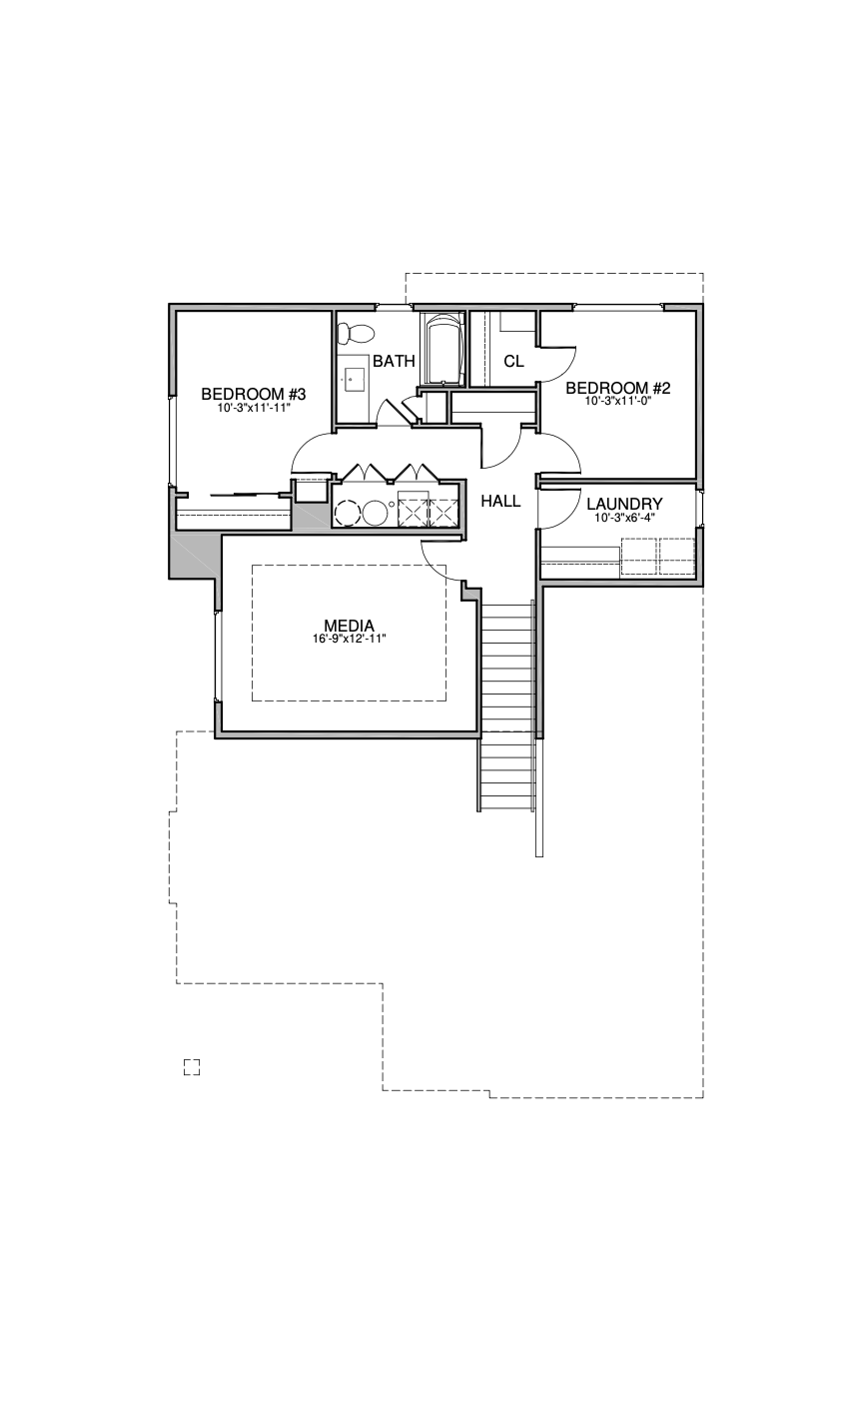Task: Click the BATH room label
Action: pyautogui.click(x=394, y=361)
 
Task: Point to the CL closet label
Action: pyautogui.click(x=513, y=361)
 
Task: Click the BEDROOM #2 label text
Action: pyautogui.click(x=617, y=388)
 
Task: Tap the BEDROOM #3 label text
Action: pyautogui.click(x=254, y=394)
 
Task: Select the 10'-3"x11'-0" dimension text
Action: pyautogui.click(x=618, y=401)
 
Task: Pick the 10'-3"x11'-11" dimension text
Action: pyautogui.click(x=254, y=408)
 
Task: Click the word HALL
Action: pyautogui.click(x=500, y=501)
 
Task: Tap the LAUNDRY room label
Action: pyautogui.click(x=624, y=504)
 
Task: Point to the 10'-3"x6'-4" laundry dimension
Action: pyautogui.click(x=624, y=517)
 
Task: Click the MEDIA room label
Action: pyautogui.click(x=349, y=626)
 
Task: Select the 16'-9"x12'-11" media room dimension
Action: pyautogui.click(x=349, y=640)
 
